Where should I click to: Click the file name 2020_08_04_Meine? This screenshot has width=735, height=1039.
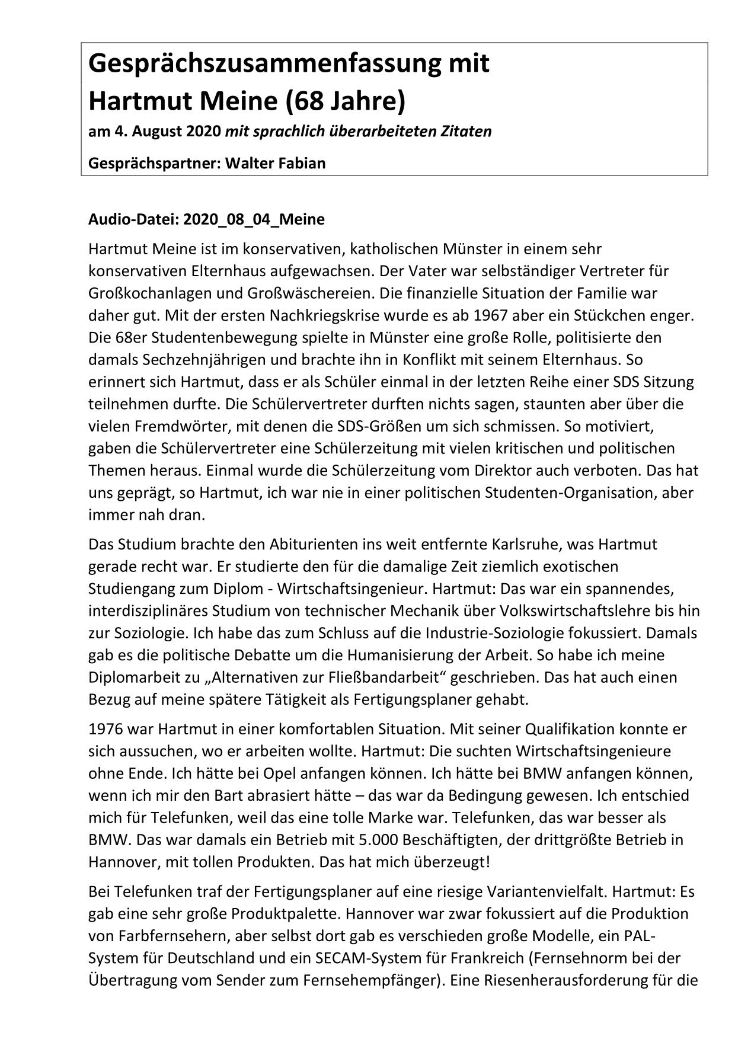click(254, 219)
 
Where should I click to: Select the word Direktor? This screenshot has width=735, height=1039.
click(503, 470)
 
